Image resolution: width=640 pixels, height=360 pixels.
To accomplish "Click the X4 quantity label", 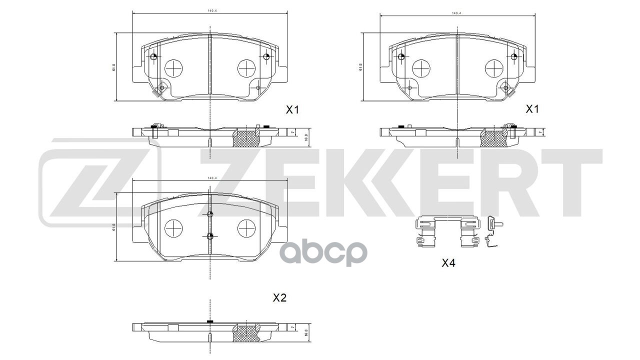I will click(448, 263).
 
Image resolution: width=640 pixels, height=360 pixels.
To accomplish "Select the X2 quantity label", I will click(279, 298).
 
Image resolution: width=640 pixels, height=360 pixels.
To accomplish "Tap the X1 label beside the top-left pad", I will click(292, 109).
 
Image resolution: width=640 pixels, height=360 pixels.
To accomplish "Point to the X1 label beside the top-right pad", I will click(532, 108).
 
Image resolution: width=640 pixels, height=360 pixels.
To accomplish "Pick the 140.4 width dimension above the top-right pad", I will click(455, 13).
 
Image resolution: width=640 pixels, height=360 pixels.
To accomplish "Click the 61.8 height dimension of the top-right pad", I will click(360, 67).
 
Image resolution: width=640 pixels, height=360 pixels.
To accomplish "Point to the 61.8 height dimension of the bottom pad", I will click(114, 227).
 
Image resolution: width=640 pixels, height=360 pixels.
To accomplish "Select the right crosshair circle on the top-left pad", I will click(245, 67).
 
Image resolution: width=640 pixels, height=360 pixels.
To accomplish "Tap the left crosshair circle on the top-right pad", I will click(420, 67).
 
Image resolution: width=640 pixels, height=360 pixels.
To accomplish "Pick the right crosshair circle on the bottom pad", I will click(245, 228).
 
